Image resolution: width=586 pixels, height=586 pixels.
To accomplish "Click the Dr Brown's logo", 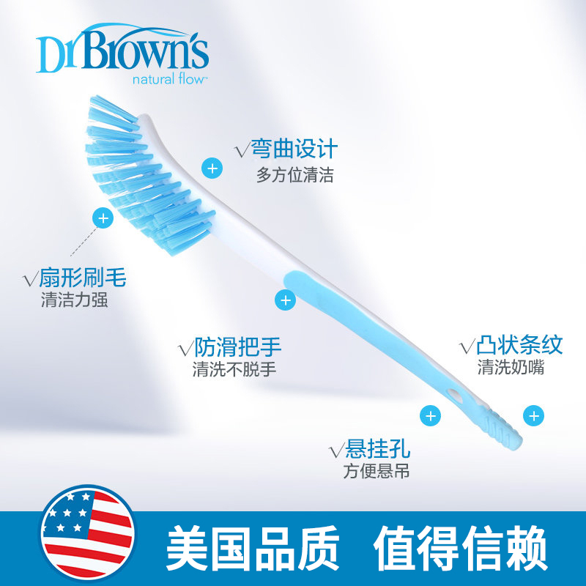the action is click(x=122, y=52).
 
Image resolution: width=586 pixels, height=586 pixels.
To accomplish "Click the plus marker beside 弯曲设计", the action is click(x=212, y=168).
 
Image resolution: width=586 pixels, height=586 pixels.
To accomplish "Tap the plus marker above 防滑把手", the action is click(x=285, y=300).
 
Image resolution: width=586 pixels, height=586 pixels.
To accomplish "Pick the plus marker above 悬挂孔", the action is click(x=430, y=415).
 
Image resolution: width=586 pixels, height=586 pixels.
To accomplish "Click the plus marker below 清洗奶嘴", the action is click(x=533, y=416).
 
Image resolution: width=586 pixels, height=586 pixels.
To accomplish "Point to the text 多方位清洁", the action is click(x=294, y=176).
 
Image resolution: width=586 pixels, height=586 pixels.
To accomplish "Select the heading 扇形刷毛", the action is click(x=75, y=278).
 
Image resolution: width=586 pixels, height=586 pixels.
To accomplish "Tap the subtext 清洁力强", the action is click(x=75, y=300).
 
